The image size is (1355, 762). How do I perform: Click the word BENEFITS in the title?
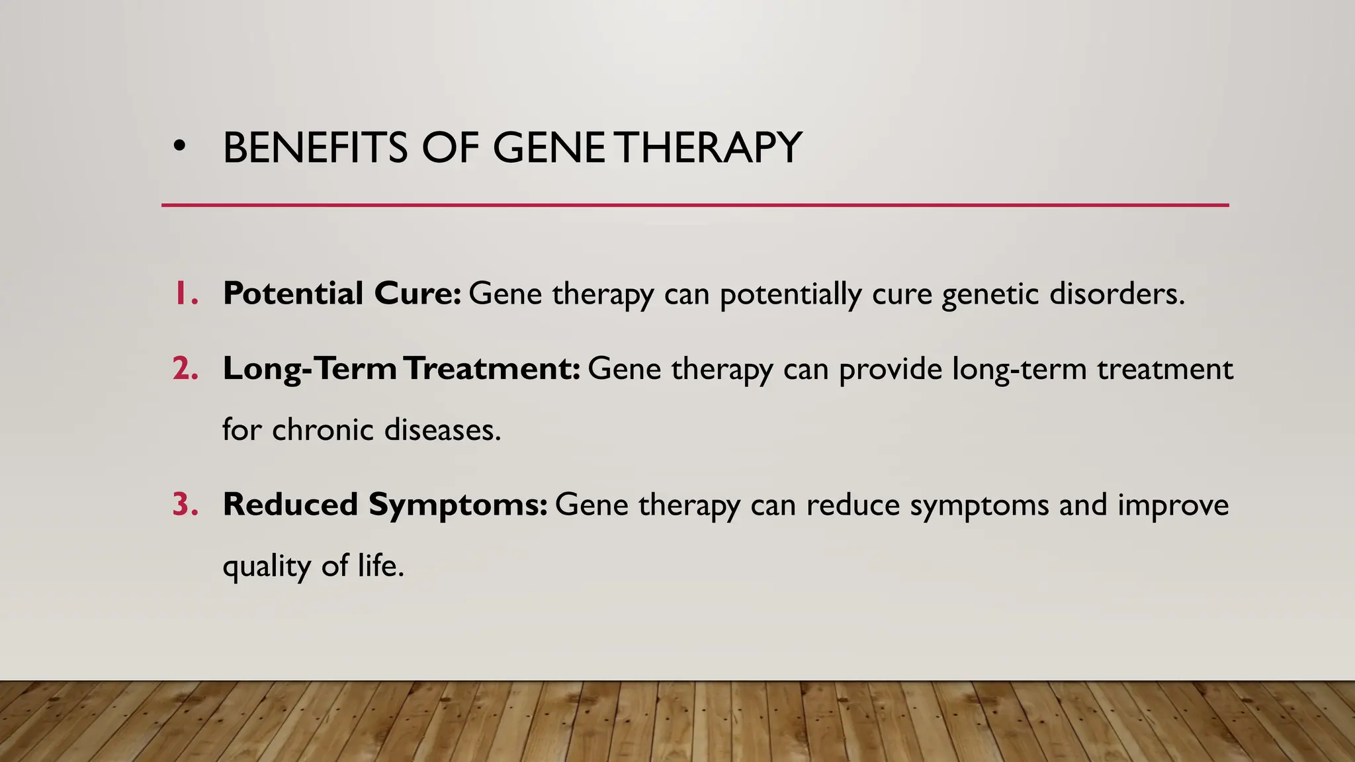pyautogui.click(x=315, y=148)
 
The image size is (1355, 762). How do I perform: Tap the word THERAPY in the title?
pyautogui.click(x=711, y=148)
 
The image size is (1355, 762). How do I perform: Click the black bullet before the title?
pyautogui.click(x=178, y=148)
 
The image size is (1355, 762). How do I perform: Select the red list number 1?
pyautogui.click(x=185, y=293)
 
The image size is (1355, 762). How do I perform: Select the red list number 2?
pyautogui.click(x=185, y=368)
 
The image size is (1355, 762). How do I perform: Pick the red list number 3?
pyautogui.click(x=185, y=505)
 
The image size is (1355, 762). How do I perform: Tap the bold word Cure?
pyautogui.click(x=417, y=293)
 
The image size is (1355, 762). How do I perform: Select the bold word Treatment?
pyautogui.click(x=492, y=368)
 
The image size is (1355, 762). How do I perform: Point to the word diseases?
pyautogui.click(x=442, y=429)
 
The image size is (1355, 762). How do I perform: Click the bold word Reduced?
pyautogui.click(x=290, y=505)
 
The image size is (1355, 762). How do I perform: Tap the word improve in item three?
pyautogui.click(x=1173, y=505)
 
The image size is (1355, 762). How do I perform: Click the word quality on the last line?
pyautogui.click(x=267, y=567)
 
